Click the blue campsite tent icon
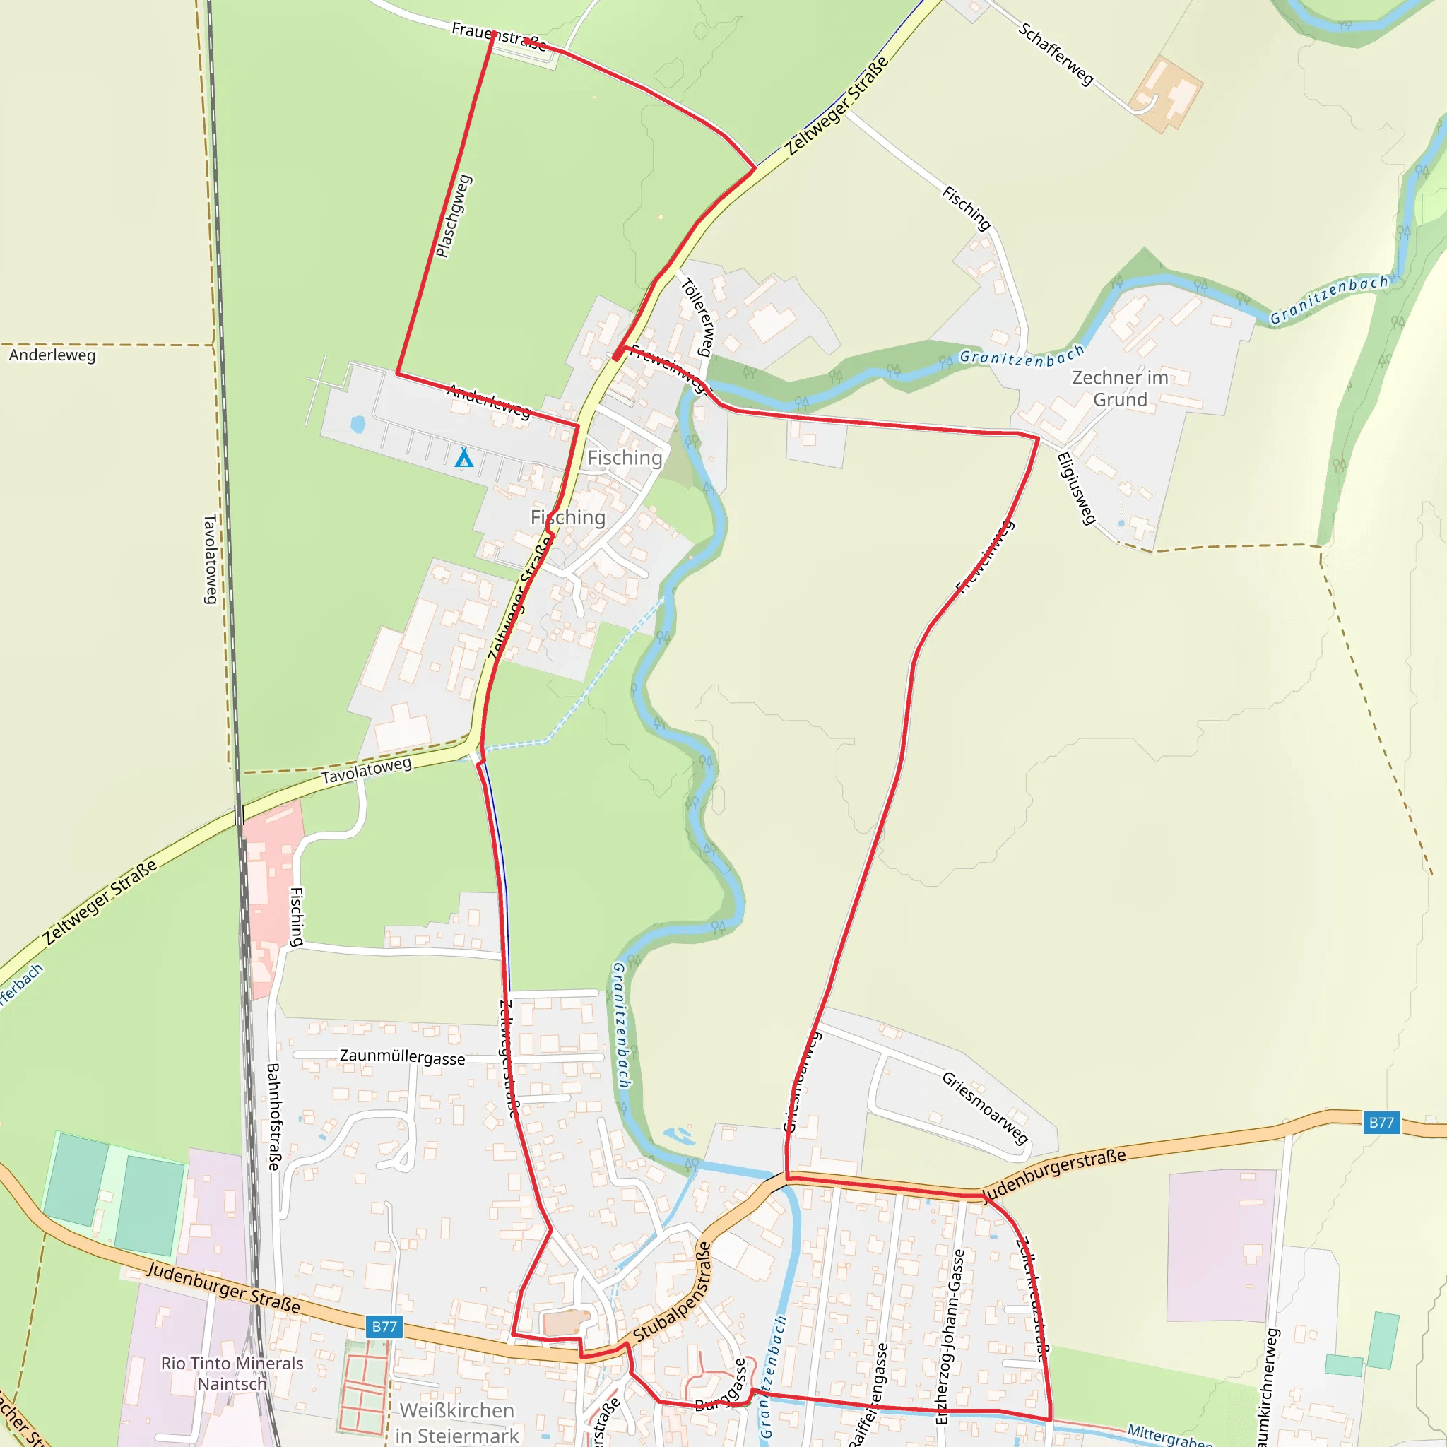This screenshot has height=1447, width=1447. coord(464,457)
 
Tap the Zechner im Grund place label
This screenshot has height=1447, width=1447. coord(1120,388)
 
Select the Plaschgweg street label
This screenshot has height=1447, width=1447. coord(454,215)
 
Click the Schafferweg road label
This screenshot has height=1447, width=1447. coord(1056,54)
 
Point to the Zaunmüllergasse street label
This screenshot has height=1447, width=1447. coord(402,1056)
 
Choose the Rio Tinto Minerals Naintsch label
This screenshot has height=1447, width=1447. coord(232,1373)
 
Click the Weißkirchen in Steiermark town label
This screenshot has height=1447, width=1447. coord(456,1422)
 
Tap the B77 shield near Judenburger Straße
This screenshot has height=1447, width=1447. coord(384,1326)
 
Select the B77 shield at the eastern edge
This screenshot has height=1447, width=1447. coord(1381,1122)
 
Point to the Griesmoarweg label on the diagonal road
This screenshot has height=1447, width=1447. coord(984,1108)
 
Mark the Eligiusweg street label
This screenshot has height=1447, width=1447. coord(1076,488)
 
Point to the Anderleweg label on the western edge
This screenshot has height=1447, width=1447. coord(52,355)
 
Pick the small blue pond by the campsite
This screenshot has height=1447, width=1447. coord(358,425)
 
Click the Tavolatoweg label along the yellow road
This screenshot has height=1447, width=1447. coord(366,771)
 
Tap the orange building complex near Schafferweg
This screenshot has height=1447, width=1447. coord(1166,94)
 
